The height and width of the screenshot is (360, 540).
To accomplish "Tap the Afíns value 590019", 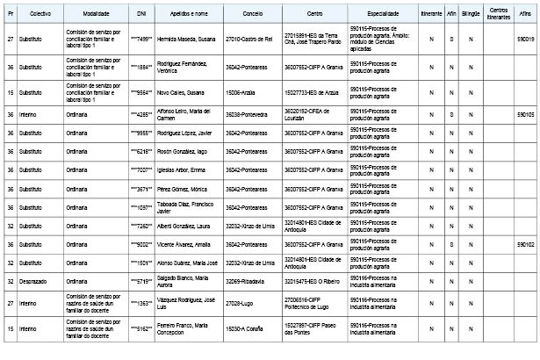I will point(524,40).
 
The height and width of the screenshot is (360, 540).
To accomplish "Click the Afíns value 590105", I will point(524,114).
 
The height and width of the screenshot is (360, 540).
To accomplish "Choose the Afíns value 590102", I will point(524,243).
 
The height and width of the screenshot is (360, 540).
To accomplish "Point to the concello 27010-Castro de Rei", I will point(248,40).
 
